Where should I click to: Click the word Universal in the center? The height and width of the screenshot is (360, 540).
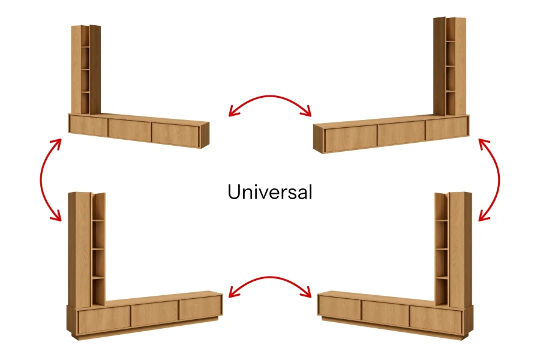pyautogui.click(x=269, y=192)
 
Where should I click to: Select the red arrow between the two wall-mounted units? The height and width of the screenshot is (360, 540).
pyautogui.click(x=270, y=97)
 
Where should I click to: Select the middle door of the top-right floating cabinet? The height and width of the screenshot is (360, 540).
pyautogui.click(x=401, y=133)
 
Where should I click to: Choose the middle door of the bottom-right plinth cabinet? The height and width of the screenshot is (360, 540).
pyautogui.click(x=385, y=313)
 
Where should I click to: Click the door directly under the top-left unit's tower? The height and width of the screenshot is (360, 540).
pyautogui.click(x=89, y=125)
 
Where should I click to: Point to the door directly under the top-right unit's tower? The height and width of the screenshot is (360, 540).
pyautogui.click(x=446, y=128)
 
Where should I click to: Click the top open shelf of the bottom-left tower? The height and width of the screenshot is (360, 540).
pyautogui.click(x=98, y=207)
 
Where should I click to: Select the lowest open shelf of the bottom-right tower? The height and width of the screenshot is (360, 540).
pyautogui.click(x=442, y=292)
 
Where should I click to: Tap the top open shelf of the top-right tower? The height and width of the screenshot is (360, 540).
pyautogui.click(x=451, y=29)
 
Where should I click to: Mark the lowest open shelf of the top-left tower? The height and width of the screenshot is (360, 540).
pyautogui.click(x=85, y=103)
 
